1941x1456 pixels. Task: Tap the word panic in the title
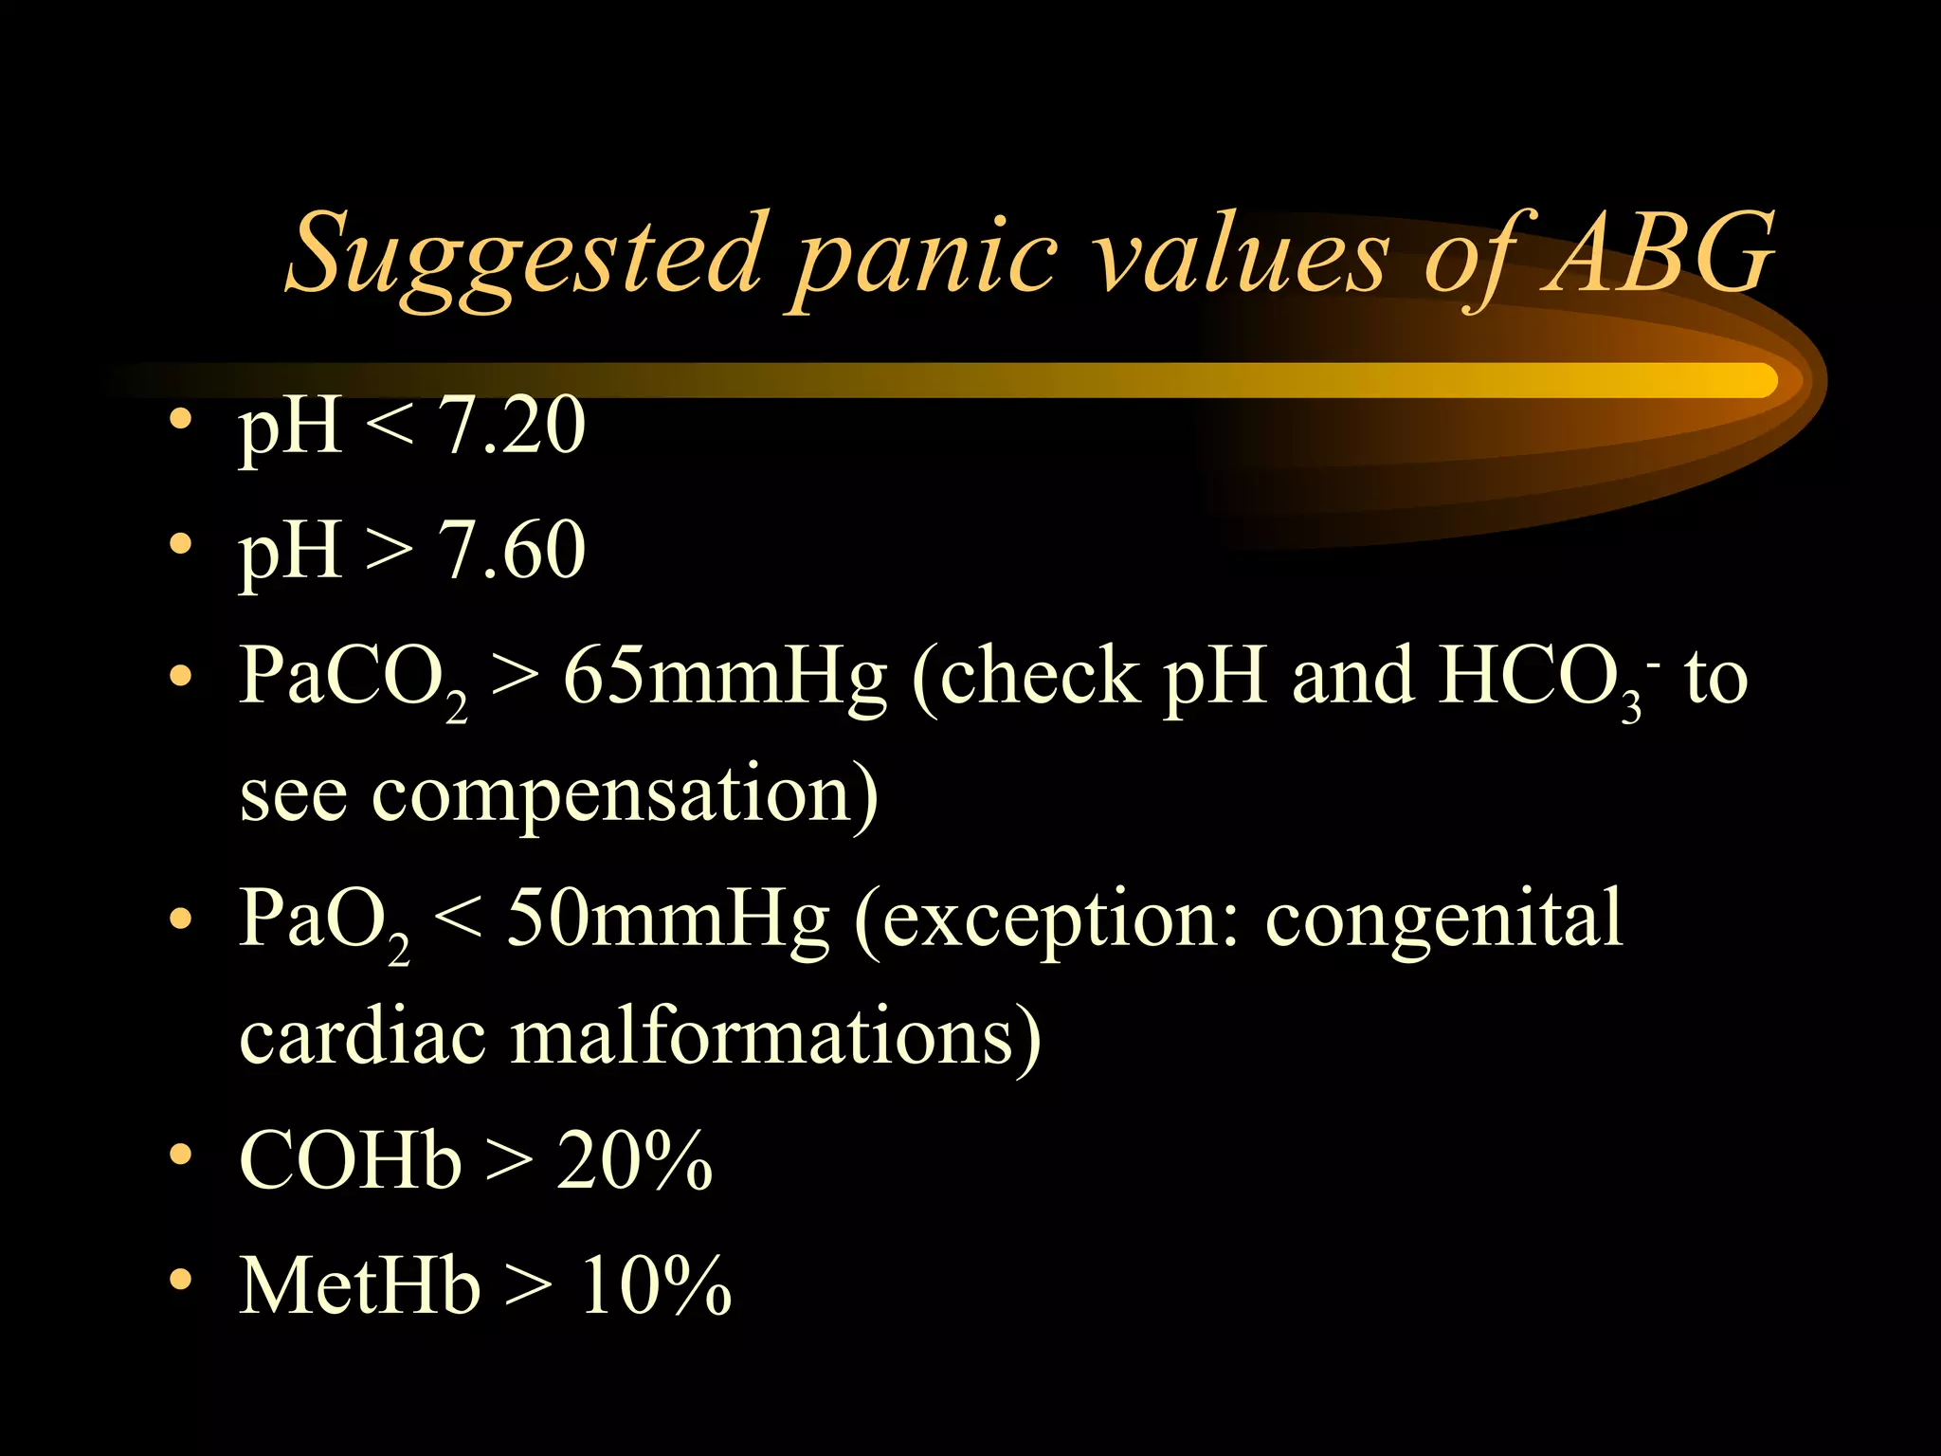click(924, 258)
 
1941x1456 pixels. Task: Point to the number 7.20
click(512, 426)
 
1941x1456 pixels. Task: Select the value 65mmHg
click(725, 678)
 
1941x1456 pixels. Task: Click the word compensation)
click(626, 796)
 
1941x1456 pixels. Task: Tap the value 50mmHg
click(667, 919)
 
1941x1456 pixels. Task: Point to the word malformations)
click(776, 1037)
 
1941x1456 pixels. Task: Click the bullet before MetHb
click(180, 1283)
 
